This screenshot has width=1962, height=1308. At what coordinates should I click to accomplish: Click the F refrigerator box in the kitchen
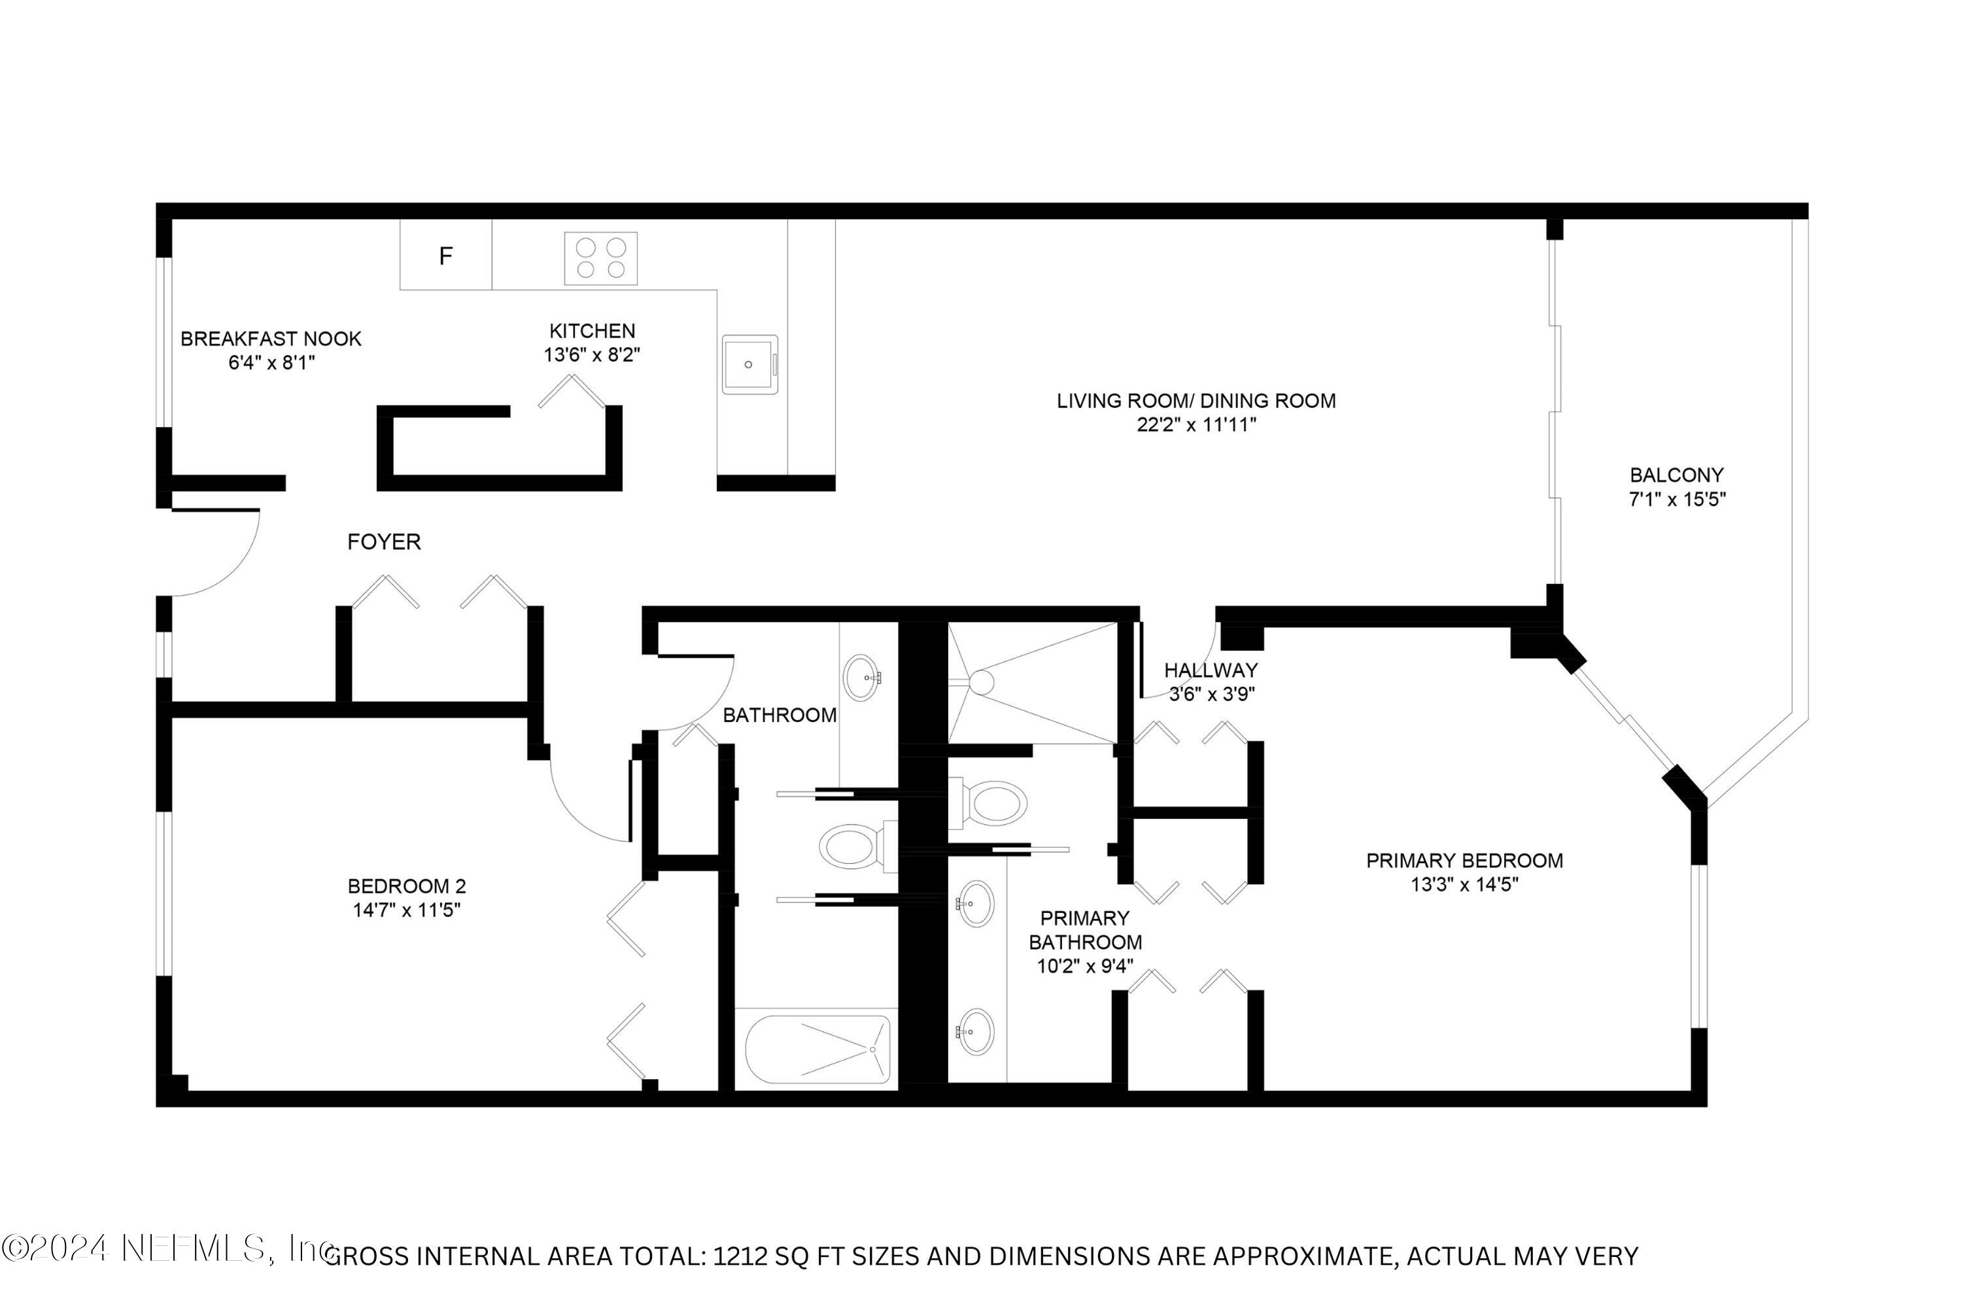pyautogui.click(x=445, y=255)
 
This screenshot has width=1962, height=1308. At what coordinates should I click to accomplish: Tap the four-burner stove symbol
pyautogui.click(x=600, y=258)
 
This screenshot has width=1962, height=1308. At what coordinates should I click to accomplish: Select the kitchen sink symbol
pyautogui.click(x=749, y=364)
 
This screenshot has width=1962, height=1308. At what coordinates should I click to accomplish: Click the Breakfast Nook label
pyautogui.click(x=271, y=339)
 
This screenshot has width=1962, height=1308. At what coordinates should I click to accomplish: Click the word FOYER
pyautogui.click(x=384, y=542)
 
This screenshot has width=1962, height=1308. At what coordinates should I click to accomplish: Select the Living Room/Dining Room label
pyautogui.click(x=1196, y=402)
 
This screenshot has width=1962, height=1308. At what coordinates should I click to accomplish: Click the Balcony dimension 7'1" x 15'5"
pyautogui.click(x=1677, y=500)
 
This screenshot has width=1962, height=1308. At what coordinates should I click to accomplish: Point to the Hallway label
pyautogui.click(x=1211, y=670)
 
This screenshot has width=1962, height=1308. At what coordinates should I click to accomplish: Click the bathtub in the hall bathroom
pyautogui.click(x=817, y=1050)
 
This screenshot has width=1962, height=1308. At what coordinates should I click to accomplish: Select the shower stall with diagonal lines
pyautogui.click(x=1033, y=682)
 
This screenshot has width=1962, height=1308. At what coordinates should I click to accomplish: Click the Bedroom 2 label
pyautogui.click(x=406, y=886)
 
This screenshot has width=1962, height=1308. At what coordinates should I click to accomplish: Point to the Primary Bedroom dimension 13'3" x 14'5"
pyautogui.click(x=1464, y=884)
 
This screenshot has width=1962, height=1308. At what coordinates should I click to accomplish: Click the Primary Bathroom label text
pyautogui.click(x=1084, y=930)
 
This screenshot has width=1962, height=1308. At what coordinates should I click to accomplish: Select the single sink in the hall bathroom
pyautogui.click(x=861, y=678)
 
